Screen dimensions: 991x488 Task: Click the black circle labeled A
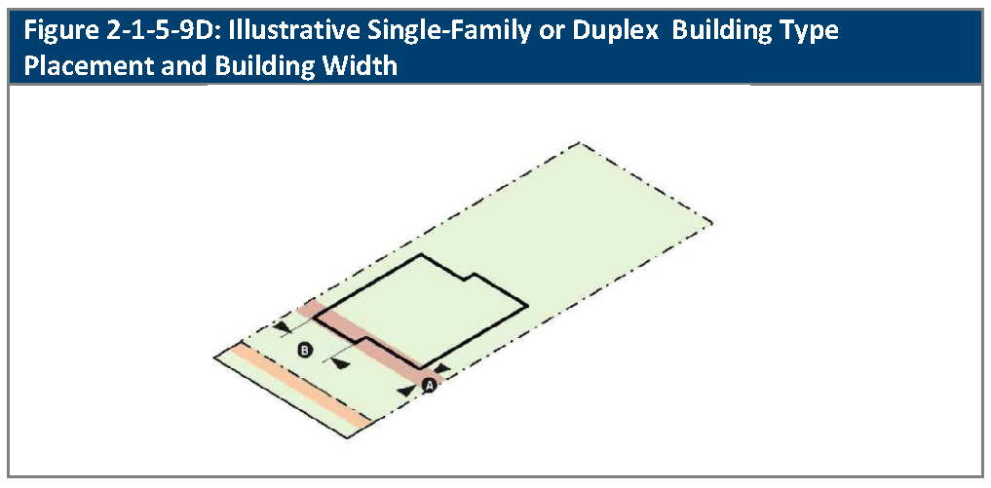(430, 385)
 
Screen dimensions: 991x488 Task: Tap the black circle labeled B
(305, 349)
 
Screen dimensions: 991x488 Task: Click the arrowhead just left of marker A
(406, 390)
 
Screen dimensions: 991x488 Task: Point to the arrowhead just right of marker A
(443, 368)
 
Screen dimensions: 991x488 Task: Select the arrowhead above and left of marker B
(283, 327)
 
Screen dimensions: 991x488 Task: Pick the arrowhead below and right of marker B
(341, 363)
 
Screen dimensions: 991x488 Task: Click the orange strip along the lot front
(303, 386)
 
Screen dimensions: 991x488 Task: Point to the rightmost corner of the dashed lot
(711, 222)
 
